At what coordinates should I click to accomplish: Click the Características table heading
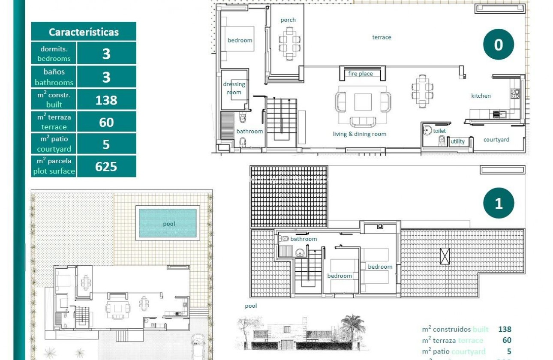84,32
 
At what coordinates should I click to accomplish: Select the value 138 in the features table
106,100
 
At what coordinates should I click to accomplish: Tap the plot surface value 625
106,166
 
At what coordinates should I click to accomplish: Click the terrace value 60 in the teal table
106,122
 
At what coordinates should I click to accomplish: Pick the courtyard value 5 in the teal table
106,144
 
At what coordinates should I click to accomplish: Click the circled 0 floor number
498,44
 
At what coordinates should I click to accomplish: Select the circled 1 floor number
498,203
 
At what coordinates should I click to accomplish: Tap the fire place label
360,74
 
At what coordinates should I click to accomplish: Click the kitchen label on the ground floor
481,96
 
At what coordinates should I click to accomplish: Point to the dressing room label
234,88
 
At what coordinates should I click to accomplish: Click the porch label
288,20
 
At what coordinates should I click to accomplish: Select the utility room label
457,141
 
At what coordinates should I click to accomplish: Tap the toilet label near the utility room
439,131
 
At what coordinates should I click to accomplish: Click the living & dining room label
359,134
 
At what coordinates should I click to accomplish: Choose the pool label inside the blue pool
169,224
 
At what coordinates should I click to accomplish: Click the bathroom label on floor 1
304,239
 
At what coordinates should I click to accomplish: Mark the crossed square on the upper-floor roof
445,256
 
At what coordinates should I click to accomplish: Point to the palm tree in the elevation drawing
352,326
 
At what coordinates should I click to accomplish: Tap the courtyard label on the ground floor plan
496,140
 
